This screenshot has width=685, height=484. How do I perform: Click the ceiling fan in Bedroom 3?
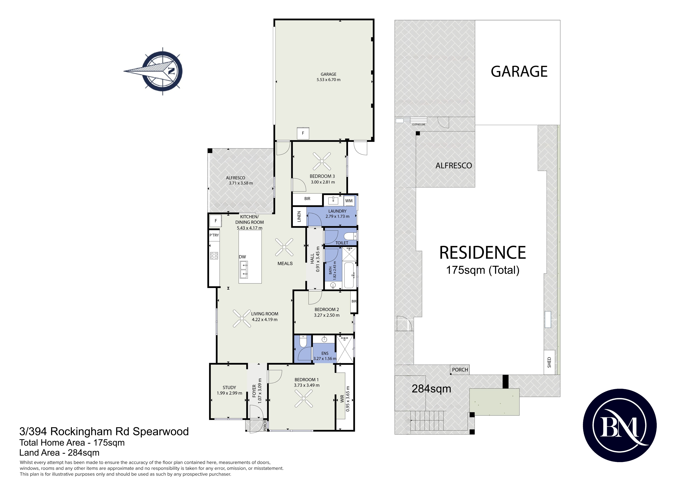click(x=322, y=161)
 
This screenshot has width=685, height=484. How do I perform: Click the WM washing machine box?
click(x=349, y=201)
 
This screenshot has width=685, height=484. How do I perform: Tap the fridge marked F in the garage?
click(x=303, y=133)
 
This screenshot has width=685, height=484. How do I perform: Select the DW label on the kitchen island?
click(x=242, y=257)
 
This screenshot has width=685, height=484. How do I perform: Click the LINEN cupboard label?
click(x=299, y=216)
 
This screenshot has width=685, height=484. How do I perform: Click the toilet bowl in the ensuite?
click(x=303, y=341)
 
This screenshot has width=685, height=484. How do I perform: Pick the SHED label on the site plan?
click(x=549, y=362)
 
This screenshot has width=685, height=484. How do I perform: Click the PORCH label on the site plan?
click(x=460, y=370)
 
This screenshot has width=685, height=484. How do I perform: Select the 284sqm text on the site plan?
click(x=431, y=389)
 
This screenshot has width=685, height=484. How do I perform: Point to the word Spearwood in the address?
click(x=161, y=432)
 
